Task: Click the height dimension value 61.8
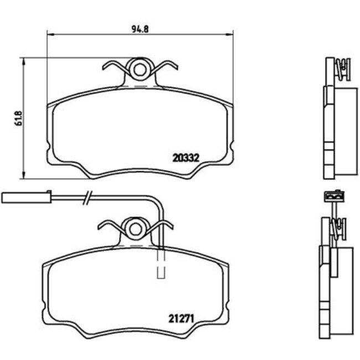17,119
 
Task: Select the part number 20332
186,157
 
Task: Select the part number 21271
181,318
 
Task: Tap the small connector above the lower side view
333,196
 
